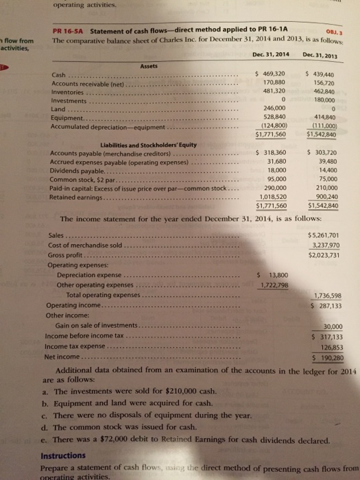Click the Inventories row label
pyautogui.click(x=68, y=91)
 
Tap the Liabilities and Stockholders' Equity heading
pyautogui.click(x=120, y=144)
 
